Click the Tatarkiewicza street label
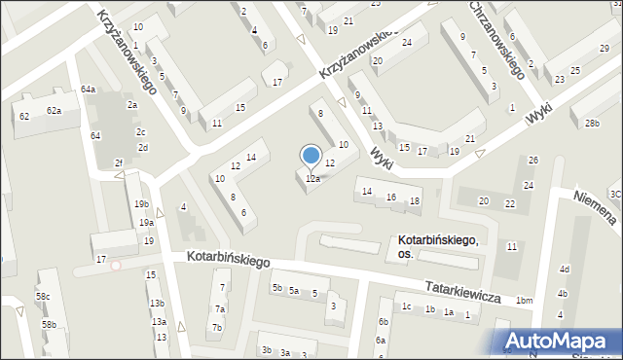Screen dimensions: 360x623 (461, 289)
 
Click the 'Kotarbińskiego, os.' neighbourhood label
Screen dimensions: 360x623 (437, 246)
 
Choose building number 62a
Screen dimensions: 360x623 (54, 111)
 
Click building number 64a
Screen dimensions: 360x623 (89, 90)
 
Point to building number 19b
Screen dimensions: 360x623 (142, 204)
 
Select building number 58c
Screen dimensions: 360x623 (43, 296)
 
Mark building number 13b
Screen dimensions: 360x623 (157, 304)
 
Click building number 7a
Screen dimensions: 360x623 (221, 309)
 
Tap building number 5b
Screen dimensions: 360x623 (277, 288)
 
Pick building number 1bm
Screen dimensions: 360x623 (525, 301)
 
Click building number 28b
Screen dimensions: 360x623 (593, 123)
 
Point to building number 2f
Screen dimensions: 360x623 (119, 162)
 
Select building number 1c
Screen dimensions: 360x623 (406, 307)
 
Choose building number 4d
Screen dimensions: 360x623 (564, 270)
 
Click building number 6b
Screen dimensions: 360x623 (384, 322)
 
